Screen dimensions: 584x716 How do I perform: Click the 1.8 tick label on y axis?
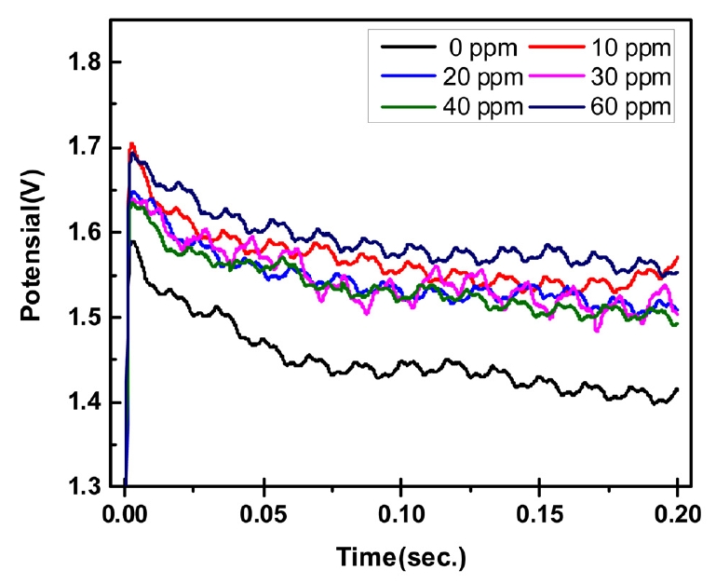(x=87, y=63)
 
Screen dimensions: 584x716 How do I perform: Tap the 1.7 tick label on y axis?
(x=87, y=148)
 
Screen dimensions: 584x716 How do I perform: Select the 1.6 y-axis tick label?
(x=87, y=233)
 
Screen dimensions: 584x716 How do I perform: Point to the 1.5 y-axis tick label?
(x=87, y=318)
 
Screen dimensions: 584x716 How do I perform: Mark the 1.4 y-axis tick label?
(x=87, y=402)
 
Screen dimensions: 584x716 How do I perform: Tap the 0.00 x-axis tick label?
(x=126, y=513)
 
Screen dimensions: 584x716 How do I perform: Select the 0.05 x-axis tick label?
(x=263, y=513)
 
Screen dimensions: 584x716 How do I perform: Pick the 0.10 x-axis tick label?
(x=401, y=513)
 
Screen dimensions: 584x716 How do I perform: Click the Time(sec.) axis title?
(x=401, y=557)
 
